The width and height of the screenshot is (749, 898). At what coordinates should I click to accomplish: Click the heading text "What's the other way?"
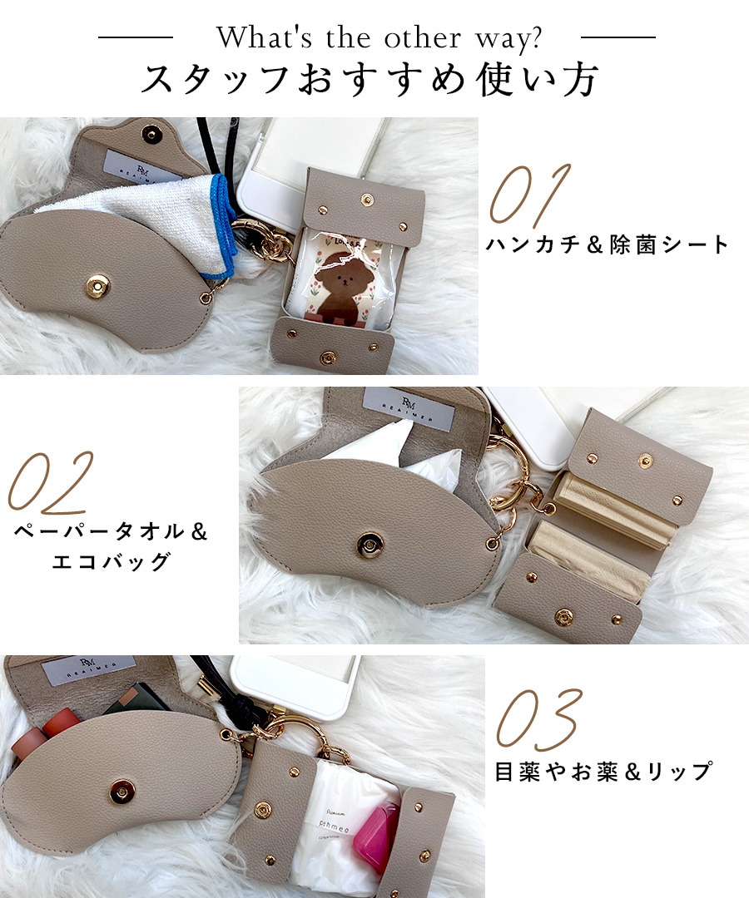tap(379, 37)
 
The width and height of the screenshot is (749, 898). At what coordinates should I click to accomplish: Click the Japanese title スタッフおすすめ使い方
tap(370, 81)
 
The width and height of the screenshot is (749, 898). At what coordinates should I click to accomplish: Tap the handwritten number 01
tap(530, 196)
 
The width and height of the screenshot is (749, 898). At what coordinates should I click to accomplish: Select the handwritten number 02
tap(50, 482)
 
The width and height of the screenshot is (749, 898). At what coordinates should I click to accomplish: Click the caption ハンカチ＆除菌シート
tap(607, 245)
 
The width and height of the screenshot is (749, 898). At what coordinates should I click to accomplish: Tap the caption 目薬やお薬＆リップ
tap(603, 772)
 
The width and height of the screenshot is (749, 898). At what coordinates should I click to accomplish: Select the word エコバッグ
tap(111, 561)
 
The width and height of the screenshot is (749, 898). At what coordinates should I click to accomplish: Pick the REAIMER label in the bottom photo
tap(88, 671)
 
